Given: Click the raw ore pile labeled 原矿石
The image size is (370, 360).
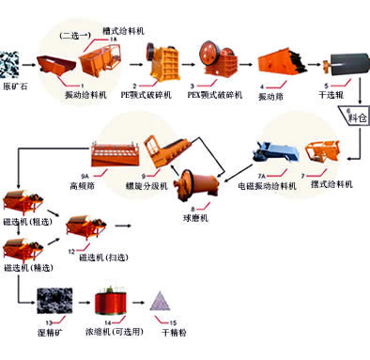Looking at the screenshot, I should [12, 65].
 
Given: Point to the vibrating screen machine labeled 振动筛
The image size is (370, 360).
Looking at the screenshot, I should [276, 60].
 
